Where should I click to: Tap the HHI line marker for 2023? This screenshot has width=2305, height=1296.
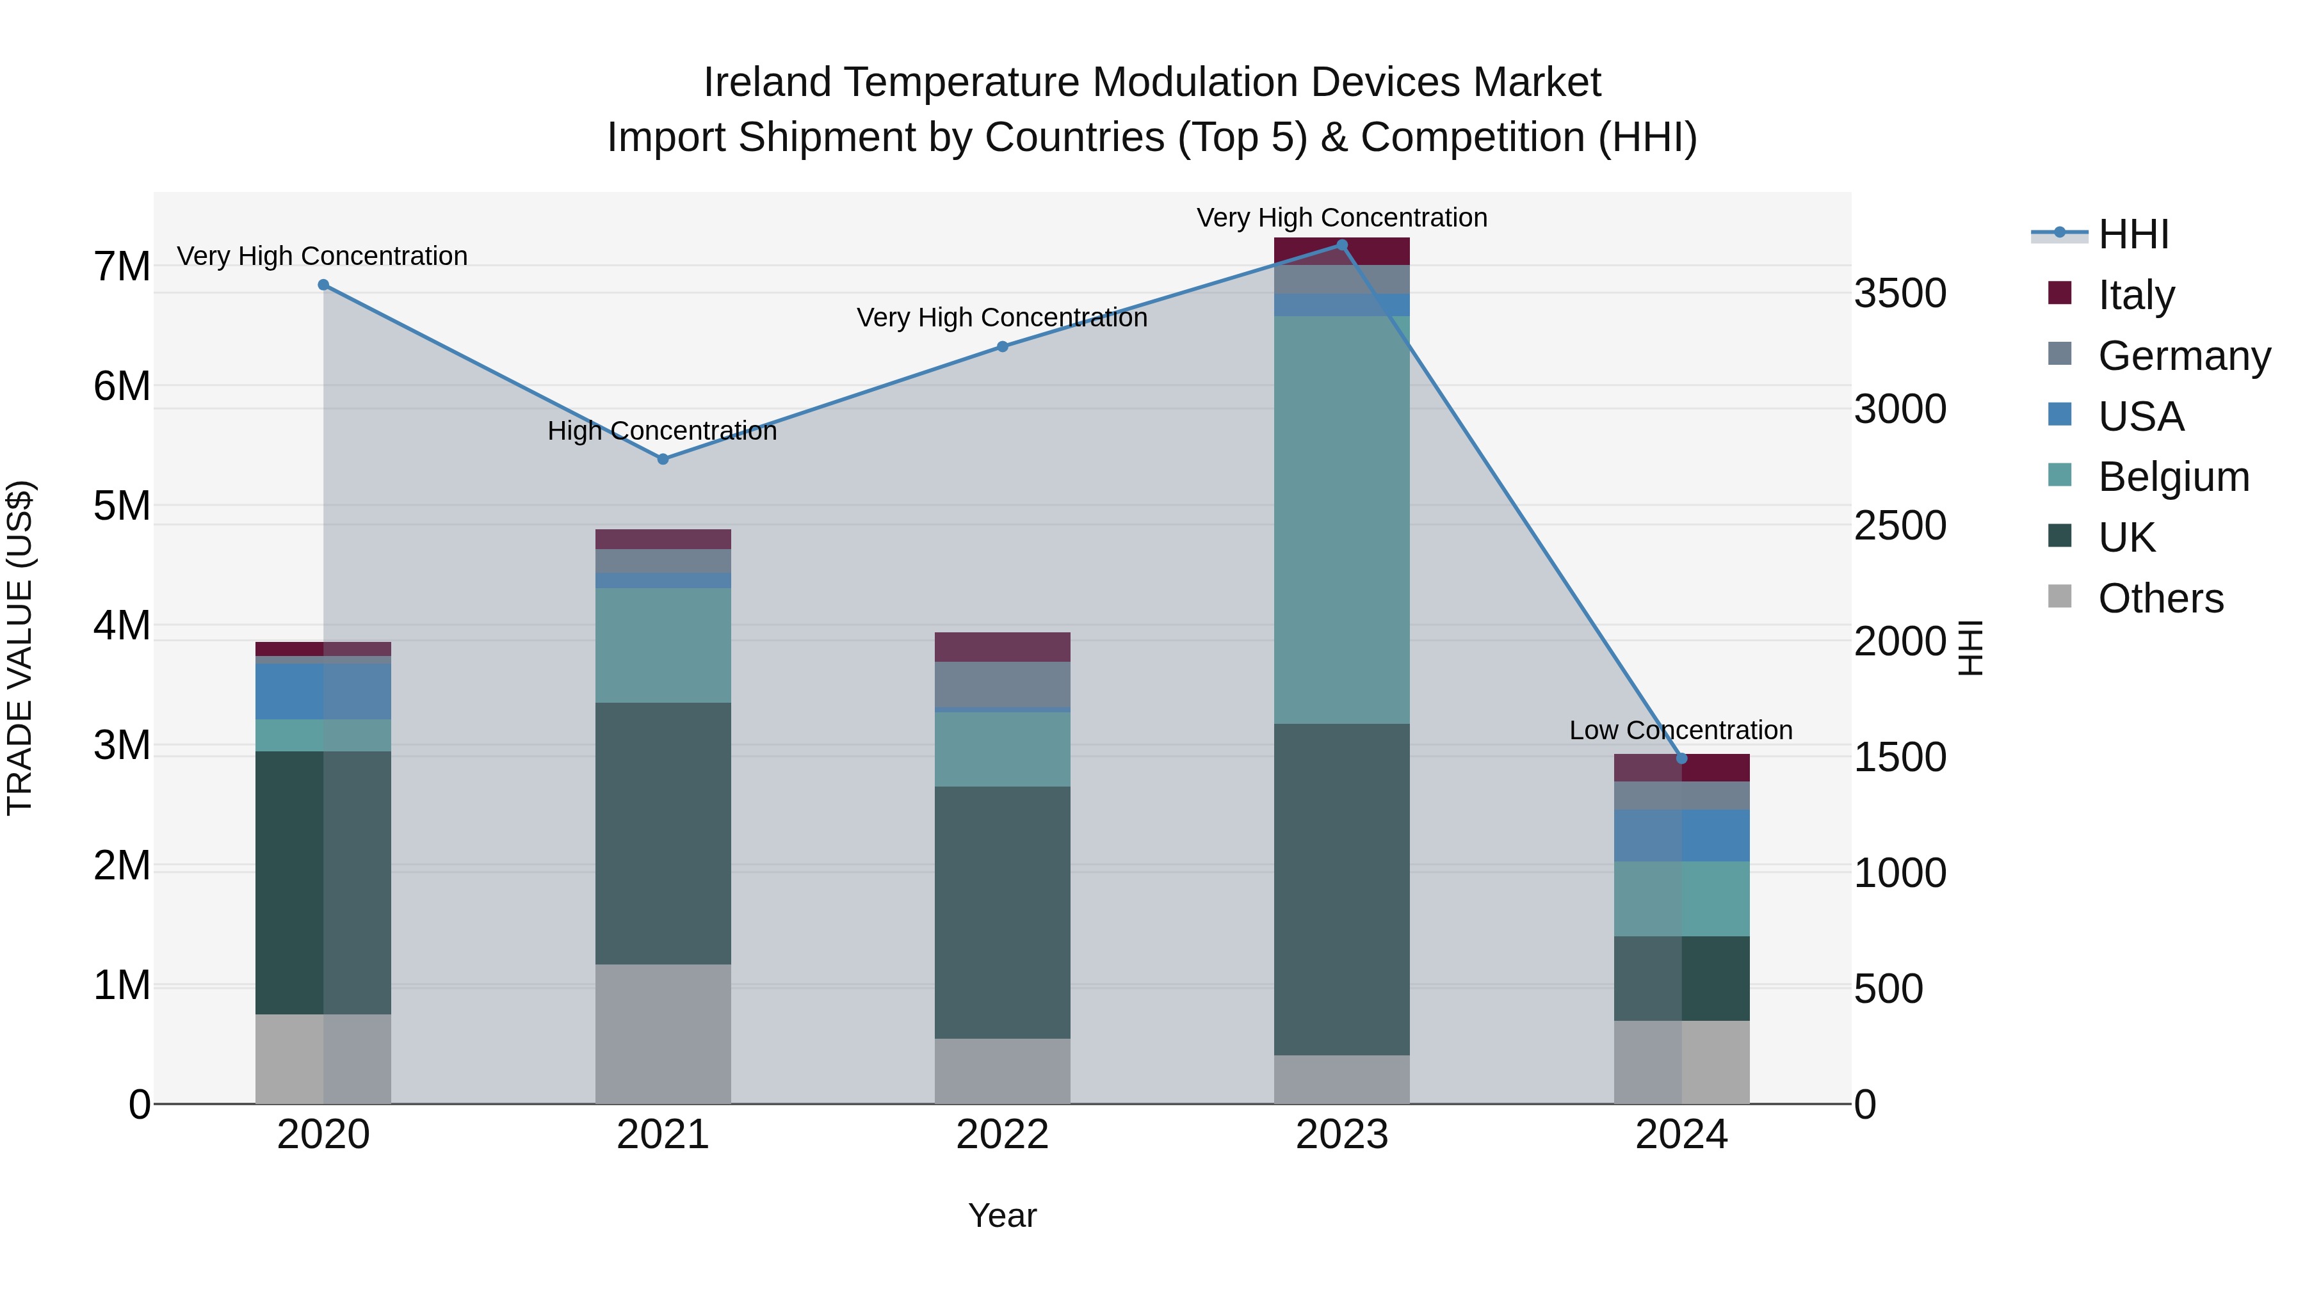(1341, 245)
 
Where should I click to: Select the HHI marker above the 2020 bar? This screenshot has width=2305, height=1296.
(324, 285)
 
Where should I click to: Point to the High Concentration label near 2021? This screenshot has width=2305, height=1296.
(662, 431)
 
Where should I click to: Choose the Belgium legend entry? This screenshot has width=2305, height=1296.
(2172, 477)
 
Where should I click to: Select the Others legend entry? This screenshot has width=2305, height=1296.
(2160, 598)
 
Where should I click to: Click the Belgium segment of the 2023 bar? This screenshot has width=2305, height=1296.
(1341, 519)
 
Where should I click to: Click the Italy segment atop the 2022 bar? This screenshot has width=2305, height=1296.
(1002, 646)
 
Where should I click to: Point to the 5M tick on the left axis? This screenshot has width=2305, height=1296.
(122, 506)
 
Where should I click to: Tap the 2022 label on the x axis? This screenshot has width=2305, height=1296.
(1002, 1135)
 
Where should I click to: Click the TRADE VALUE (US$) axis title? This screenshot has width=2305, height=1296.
(20, 648)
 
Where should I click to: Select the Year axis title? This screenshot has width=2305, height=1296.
(1002, 1215)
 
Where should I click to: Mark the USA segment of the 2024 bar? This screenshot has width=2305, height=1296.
(1681, 835)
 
